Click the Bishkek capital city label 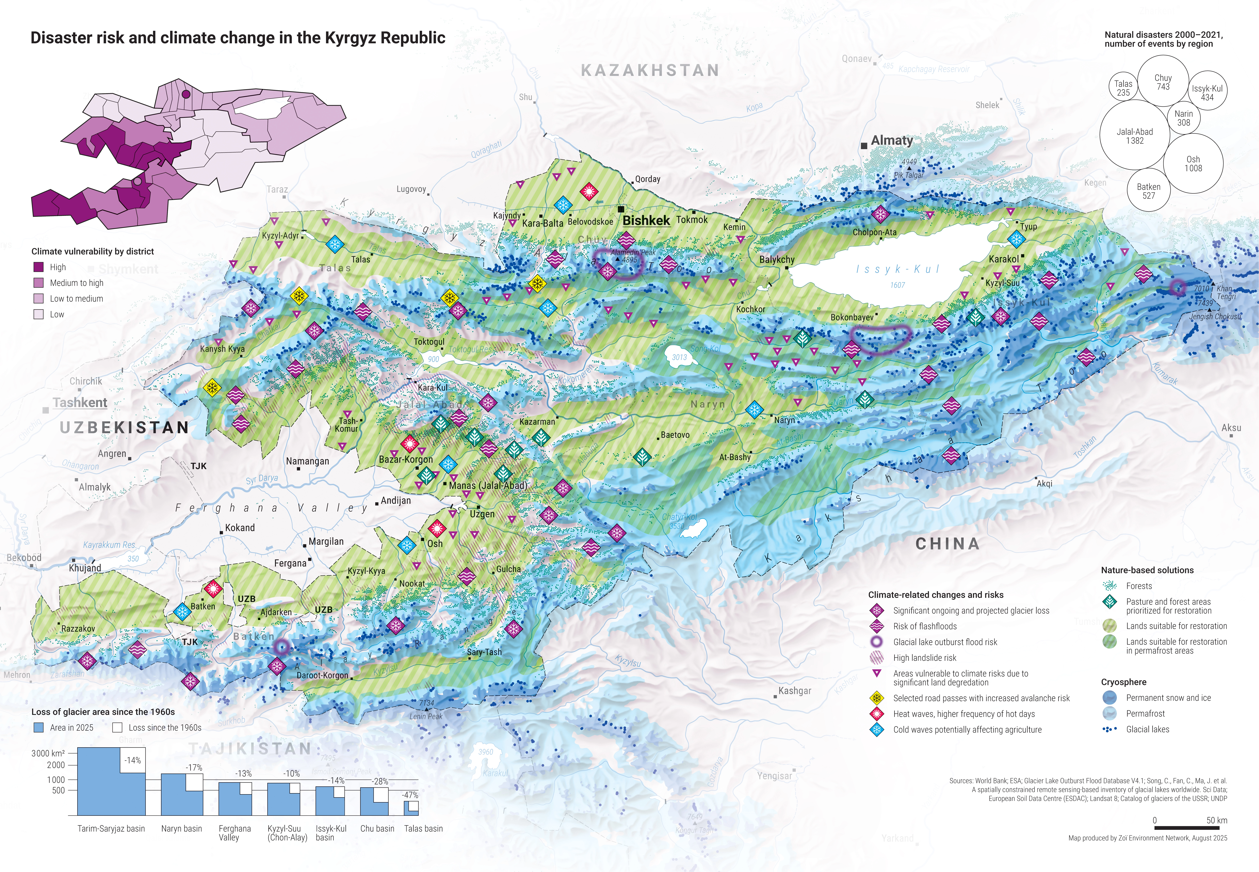[x=646, y=220]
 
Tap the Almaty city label [x=891, y=140]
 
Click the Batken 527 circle [x=1149, y=191]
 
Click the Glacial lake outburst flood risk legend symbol [x=877, y=642]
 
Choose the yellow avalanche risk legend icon [x=877, y=698]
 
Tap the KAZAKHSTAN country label [x=650, y=70]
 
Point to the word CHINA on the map [x=948, y=544]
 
